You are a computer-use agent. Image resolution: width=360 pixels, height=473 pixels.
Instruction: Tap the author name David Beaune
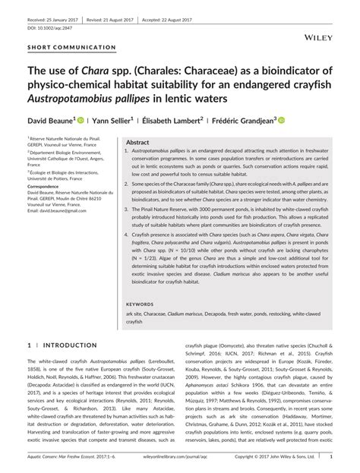tap(49, 119)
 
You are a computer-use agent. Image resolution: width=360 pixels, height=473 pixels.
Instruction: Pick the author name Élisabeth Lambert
tap(172, 119)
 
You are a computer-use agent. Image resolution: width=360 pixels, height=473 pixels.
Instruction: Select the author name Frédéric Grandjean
tap(245, 119)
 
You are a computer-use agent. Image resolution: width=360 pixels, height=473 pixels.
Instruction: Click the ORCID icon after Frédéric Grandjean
tap(281, 119)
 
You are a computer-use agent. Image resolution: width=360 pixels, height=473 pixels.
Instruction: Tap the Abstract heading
tap(137, 143)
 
